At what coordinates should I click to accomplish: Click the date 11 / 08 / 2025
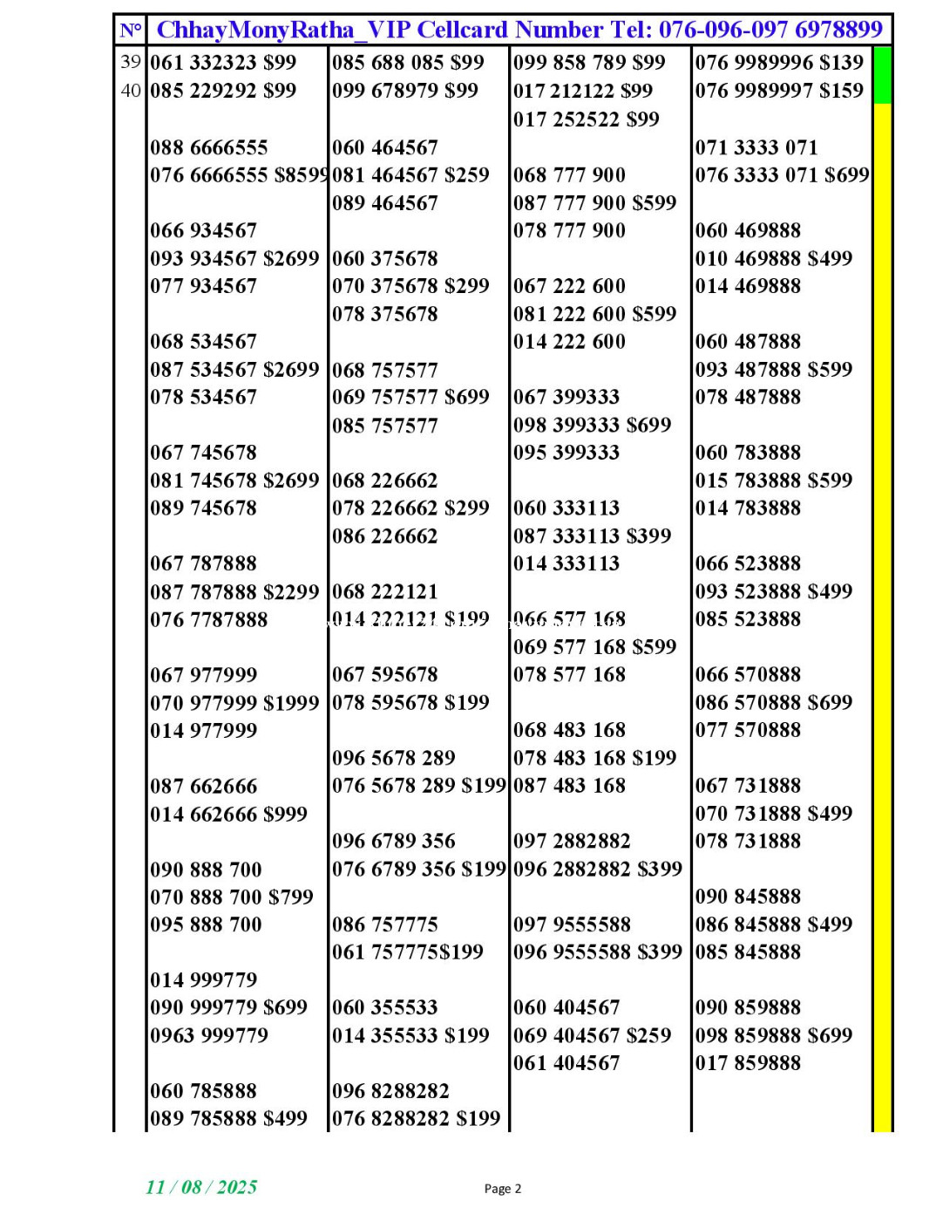click(x=201, y=1187)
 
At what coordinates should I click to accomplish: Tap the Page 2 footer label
click(x=503, y=1189)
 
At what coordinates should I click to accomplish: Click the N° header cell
click(x=131, y=31)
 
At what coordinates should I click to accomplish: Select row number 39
click(x=131, y=62)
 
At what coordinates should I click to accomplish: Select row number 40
click(x=131, y=90)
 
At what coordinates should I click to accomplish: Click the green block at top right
click(x=882, y=75)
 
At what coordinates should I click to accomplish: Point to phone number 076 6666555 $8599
click(x=239, y=175)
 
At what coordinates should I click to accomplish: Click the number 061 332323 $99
click(x=223, y=63)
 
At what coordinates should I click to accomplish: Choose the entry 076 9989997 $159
click(x=779, y=91)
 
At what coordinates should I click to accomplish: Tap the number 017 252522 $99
click(x=586, y=119)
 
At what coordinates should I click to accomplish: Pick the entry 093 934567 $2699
click(x=234, y=259)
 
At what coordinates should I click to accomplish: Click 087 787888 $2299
click(x=234, y=592)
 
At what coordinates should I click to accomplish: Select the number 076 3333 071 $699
click(x=782, y=175)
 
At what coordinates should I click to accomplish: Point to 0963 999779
click(x=209, y=1035)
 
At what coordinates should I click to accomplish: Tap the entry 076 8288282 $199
click(x=416, y=1119)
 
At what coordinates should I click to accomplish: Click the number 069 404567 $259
click(x=592, y=1035)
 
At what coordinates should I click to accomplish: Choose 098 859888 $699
click(x=774, y=1035)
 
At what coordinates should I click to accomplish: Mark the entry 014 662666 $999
click(x=228, y=815)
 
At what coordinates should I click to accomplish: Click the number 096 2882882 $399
click(x=597, y=870)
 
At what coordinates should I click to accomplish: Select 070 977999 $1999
click(x=234, y=703)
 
